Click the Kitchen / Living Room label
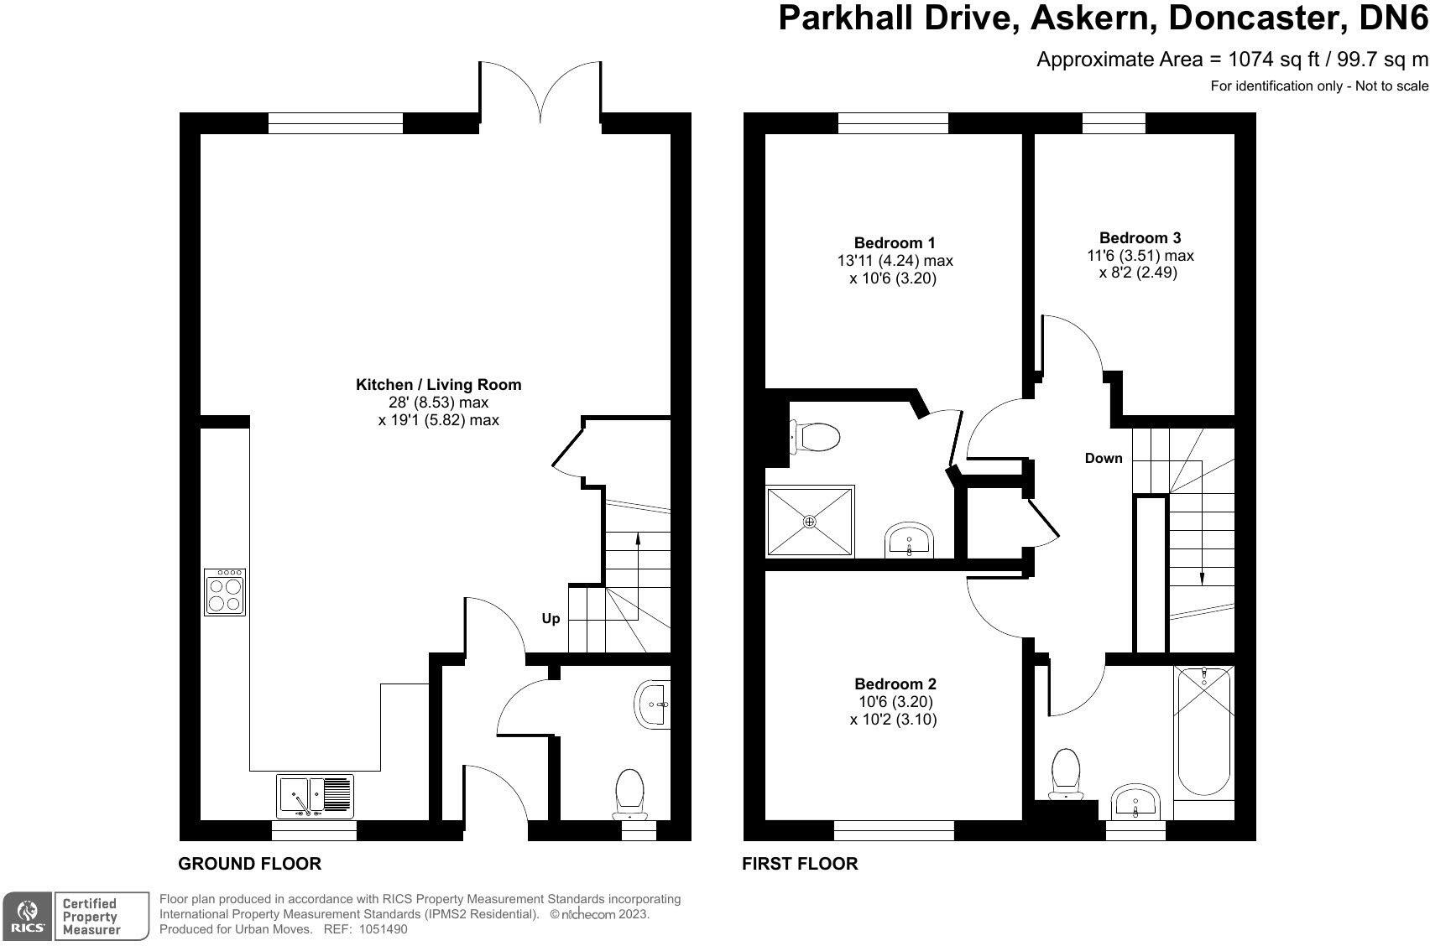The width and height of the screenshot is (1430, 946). pos(438,385)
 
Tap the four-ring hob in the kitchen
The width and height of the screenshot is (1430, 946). pos(225,593)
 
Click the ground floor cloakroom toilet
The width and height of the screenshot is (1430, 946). pos(629,793)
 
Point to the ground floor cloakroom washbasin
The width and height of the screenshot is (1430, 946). pos(654,704)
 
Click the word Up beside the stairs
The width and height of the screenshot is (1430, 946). pos(551,619)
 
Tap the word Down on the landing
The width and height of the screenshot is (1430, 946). pos(1103,458)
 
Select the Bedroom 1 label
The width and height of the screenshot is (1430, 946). pos(895,243)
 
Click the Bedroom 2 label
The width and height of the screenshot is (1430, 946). pos(895,684)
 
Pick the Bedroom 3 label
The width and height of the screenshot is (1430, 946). pos(1140,238)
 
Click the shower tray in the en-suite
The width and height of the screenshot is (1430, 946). pos(810,521)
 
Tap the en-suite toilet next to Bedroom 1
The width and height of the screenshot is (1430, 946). pos(817,436)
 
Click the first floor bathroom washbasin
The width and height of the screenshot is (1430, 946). pos(1135,802)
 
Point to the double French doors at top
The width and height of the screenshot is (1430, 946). pos(541,92)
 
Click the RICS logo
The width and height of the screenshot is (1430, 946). pos(29,916)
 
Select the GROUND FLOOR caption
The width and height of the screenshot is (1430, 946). pos(249,864)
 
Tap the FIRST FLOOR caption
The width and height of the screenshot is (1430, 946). pos(799,864)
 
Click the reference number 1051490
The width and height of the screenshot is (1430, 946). pos(383,929)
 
